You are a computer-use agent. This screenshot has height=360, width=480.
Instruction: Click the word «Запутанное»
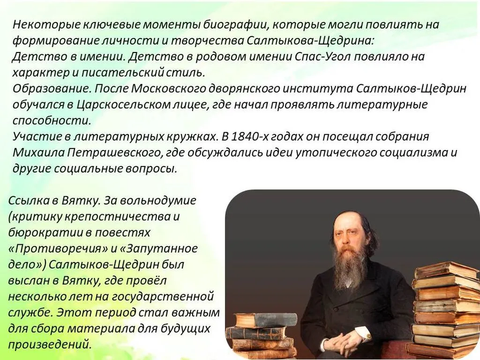click(x=160, y=248)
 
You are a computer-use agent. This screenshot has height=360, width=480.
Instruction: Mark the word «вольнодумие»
click(x=158, y=201)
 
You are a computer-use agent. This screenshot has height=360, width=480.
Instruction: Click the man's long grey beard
click(x=349, y=267)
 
